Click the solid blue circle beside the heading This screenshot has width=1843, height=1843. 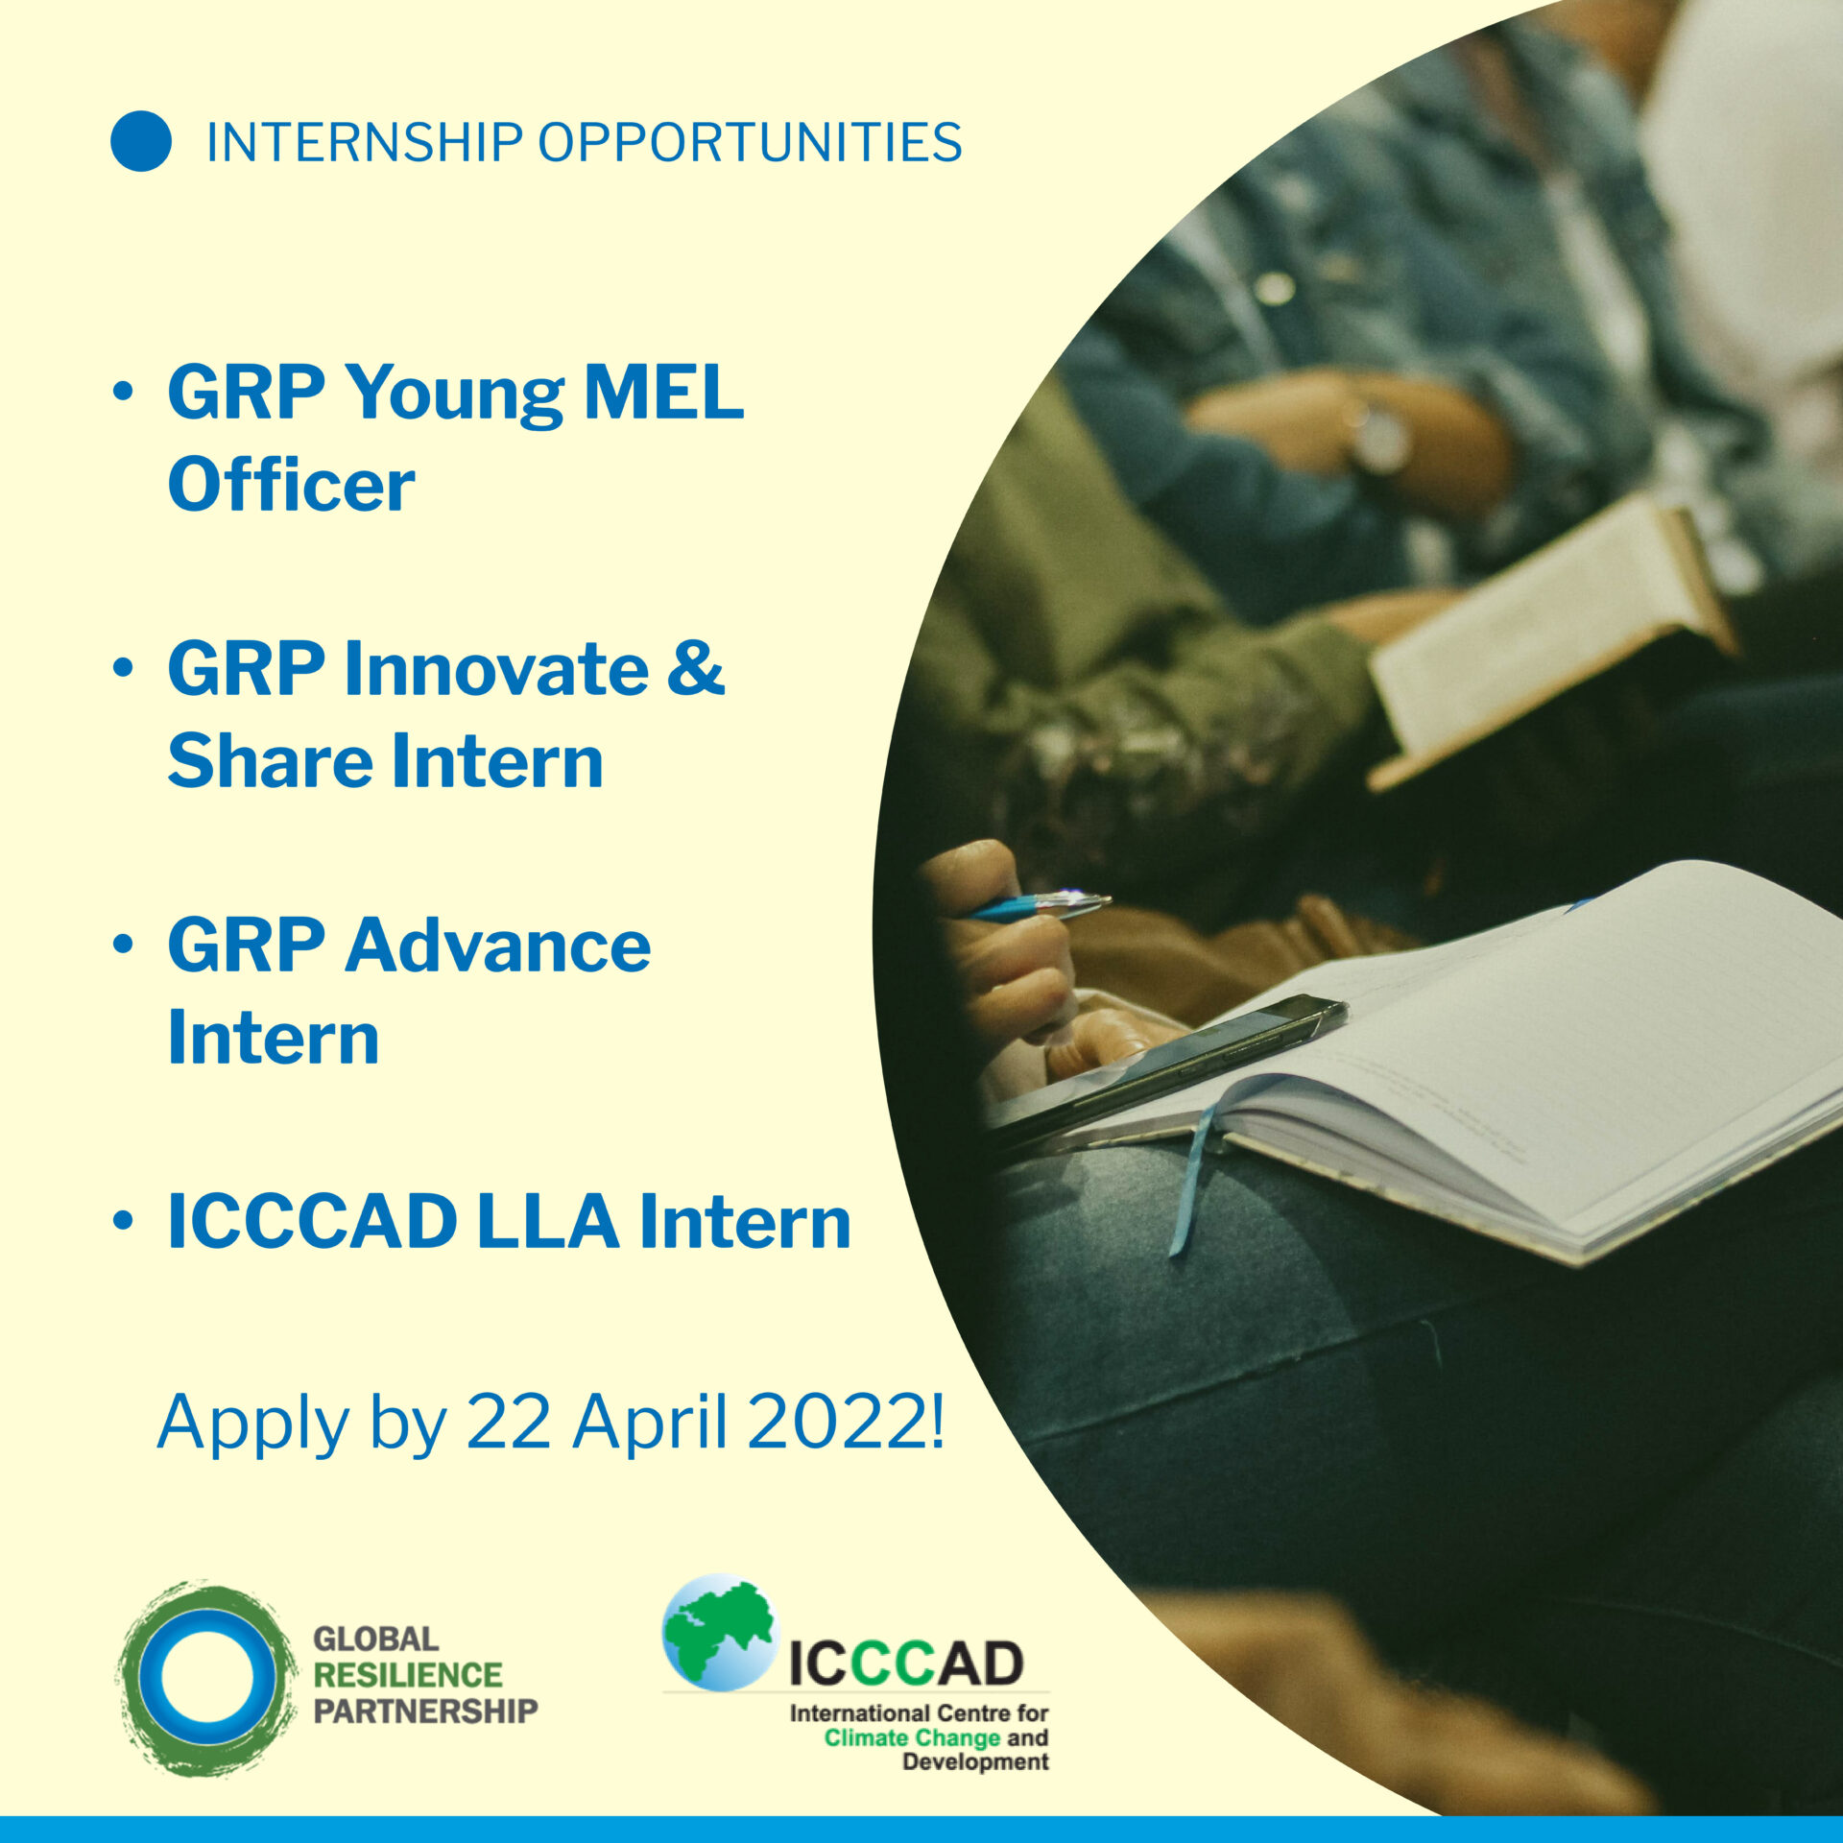pos(141,141)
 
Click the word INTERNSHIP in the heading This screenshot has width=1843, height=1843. pos(364,143)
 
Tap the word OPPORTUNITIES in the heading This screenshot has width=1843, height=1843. pos(750,143)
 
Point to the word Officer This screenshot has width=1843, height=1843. pos(291,483)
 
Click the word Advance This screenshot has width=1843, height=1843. pos(498,945)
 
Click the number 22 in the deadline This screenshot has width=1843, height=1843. pos(509,1422)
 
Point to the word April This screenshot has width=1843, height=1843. pos(649,1424)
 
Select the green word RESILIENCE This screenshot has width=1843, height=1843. pos(408,1675)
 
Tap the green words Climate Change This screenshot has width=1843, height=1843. pos(912,1737)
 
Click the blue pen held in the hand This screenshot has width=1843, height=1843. pos(1040,905)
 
